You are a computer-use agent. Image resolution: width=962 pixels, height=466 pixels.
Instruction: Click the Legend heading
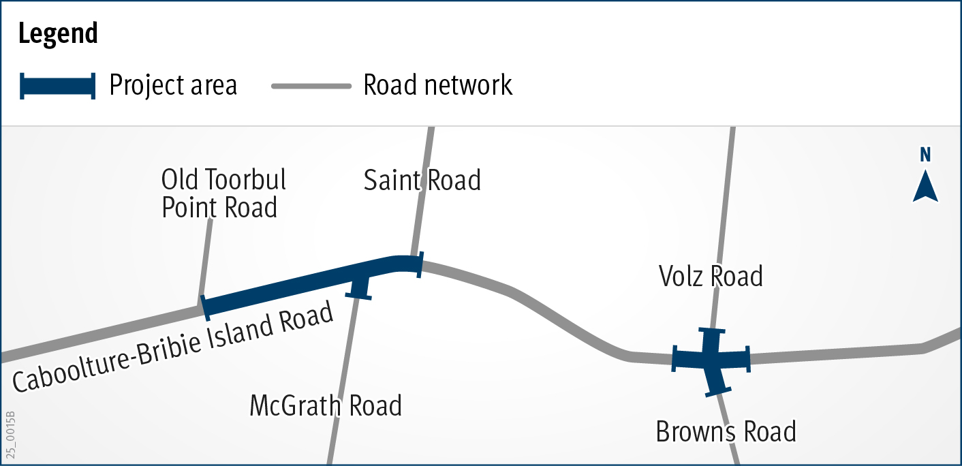pos(58,33)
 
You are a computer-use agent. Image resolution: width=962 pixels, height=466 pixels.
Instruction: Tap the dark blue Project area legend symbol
pos(58,86)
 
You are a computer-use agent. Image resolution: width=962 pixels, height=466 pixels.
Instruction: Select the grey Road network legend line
pos(311,87)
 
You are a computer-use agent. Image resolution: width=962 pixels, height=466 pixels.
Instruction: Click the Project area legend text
pos(173,86)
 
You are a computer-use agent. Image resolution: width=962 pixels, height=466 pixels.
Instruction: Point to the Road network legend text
pos(438,86)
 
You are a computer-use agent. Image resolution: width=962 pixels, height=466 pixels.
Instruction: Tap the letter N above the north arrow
pos(925,155)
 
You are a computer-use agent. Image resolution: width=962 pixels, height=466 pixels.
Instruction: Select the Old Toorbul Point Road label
pos(223,193)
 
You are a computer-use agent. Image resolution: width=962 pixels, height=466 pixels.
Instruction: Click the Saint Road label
pos(422,181)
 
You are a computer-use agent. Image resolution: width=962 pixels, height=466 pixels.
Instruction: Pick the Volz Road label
pos(711,277)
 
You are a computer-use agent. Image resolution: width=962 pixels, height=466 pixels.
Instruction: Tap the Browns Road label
pos(726,432)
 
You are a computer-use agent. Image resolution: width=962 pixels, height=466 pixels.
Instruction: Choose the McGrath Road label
pos(326,406)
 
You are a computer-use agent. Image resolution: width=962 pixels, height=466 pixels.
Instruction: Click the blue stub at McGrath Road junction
pos(359,285)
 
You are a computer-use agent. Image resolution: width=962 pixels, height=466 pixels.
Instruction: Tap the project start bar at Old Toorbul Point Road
pos(204,307)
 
